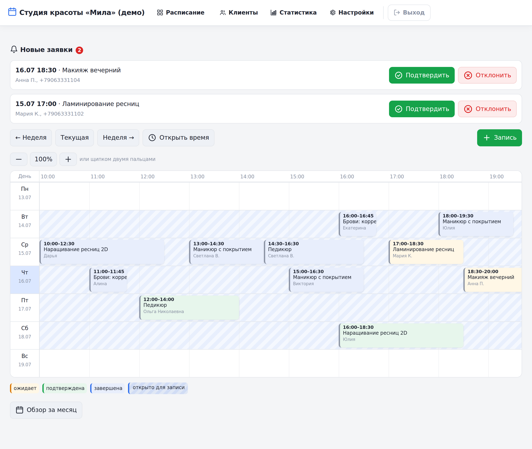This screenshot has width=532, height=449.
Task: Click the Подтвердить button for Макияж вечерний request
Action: [422, 75]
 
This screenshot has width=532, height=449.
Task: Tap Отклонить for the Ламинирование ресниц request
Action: [487, 109]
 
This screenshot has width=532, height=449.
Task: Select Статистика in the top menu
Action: [293, 12]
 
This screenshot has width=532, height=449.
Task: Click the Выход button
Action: [409, 12]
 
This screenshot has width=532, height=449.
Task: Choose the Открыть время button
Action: [178, 138]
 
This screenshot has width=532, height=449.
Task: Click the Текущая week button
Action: [75, 138]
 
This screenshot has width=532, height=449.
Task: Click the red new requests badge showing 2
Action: [79, 50]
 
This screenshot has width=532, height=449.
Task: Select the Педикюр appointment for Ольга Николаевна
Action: [189, 307]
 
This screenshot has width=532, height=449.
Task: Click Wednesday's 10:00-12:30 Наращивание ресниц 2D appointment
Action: [102, 252]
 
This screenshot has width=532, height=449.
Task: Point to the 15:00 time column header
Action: [297, 177]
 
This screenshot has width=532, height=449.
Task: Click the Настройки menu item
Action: [352, 12]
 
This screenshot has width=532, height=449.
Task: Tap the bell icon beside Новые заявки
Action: [14, 49]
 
